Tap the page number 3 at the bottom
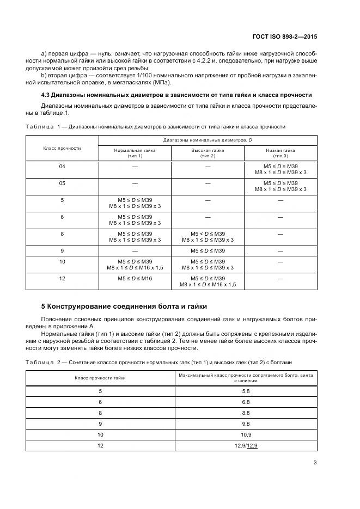point(315,463)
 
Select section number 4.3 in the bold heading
point(47,95)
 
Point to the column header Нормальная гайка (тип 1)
point(135,152)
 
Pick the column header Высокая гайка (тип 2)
point(208,152)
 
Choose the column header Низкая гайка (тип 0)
point(280,152)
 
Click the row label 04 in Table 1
point(62,165)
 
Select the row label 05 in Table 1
point(62,183)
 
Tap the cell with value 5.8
point(246,391)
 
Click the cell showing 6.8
point(246,402)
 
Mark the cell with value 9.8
point(246,424)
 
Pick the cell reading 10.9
point(246,434)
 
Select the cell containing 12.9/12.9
point(246,445)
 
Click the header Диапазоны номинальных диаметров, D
point(208,140)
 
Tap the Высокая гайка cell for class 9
point(208,250)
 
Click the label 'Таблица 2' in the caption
point(43,361)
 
